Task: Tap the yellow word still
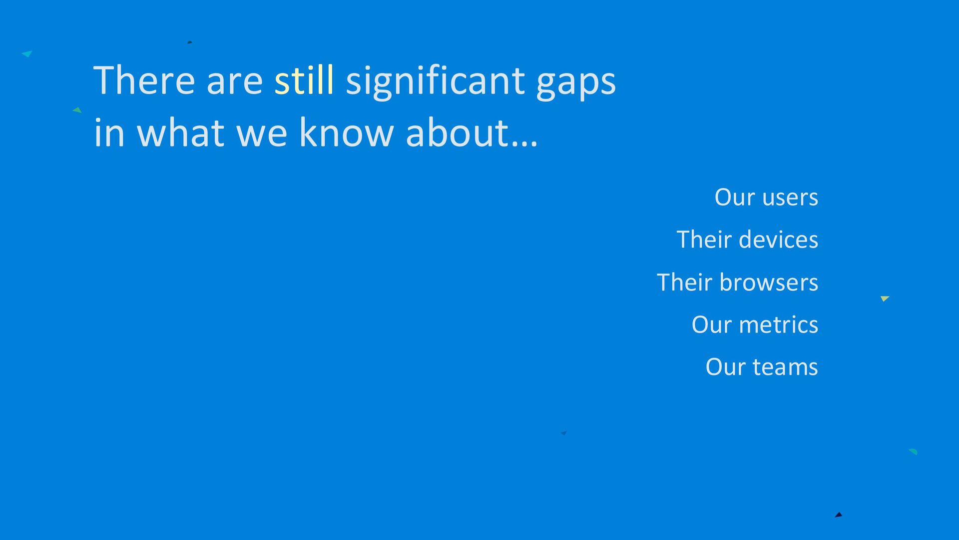pyautogui.click(x=304, y=80)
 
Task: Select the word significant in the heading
pyautogui.click(x=435, y=82)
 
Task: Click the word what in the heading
pyautogui.click(x=180, y=132)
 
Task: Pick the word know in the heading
pyautogui.click(x=346, y=132)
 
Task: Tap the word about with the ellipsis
pyautogui.click(x=472, y=132)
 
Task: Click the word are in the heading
pyautogui.click(x=235, y=83)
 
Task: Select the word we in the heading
pyautogui.click(x=262, y=136)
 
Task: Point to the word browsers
pyautogui.click(x=769, y=282)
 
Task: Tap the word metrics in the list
pyautogui.click(x=779, y=325)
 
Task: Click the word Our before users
pyautogui.click(x=734, y=197)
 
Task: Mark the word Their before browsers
pyautogui.click(x=685, y=282)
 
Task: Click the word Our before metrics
pyautogui.click(x=711, y=324)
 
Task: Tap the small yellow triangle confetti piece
pyautogui.click(x=885, y=298)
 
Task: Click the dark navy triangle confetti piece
pyautogui.click(x=839, y=515)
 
